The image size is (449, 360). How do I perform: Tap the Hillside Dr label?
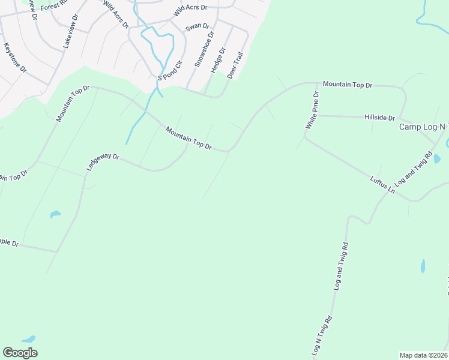379,118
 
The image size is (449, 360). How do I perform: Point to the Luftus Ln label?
382,184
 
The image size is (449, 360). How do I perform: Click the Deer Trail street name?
235,65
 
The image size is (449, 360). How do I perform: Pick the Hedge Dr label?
217,61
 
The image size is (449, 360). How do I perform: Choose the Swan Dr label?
197,27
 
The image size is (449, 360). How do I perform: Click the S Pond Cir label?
170,71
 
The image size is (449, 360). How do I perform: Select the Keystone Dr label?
15,58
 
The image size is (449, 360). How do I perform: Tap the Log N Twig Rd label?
322,337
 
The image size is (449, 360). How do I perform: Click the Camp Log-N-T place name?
424,127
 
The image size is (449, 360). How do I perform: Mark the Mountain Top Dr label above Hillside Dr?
348,85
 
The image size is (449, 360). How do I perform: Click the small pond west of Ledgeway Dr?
55,214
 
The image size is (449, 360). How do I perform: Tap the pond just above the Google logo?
29,340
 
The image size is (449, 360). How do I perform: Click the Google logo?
20,353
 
